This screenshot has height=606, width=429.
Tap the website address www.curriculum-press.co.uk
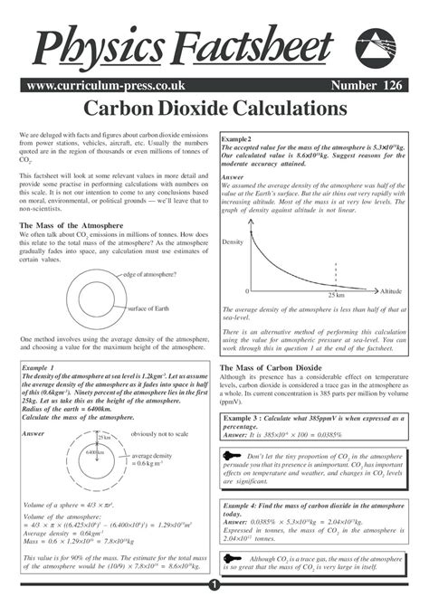click(93, 86)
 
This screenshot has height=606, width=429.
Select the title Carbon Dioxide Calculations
click(214, 109)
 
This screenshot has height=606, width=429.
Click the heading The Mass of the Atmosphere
click(71, 225)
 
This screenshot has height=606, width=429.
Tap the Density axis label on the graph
click(234, 243)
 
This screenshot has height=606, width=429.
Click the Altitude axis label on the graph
click(391, 292)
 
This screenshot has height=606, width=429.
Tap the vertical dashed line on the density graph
click(336, 276)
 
